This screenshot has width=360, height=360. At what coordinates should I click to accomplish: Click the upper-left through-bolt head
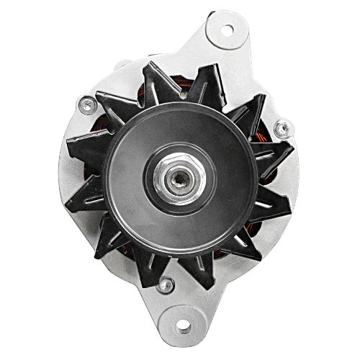click(x=87, y=104)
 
